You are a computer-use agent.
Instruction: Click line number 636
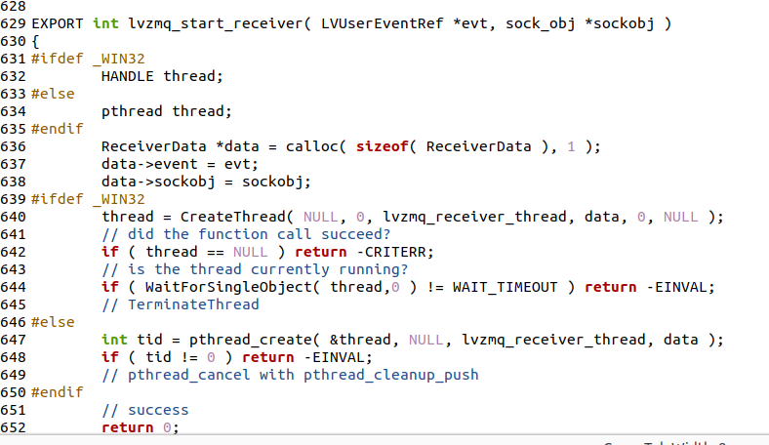[x=14, y=146]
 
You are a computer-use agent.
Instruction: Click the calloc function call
[x=309, y=146]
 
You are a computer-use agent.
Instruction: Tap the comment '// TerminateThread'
[x=181, y=304]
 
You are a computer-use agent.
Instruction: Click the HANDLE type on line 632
[x=128, y=76]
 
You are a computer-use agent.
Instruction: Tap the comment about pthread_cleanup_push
[x=290, y=375]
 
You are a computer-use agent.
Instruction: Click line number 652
[x=14, y=427]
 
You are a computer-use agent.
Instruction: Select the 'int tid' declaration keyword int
[x=114, y=340]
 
